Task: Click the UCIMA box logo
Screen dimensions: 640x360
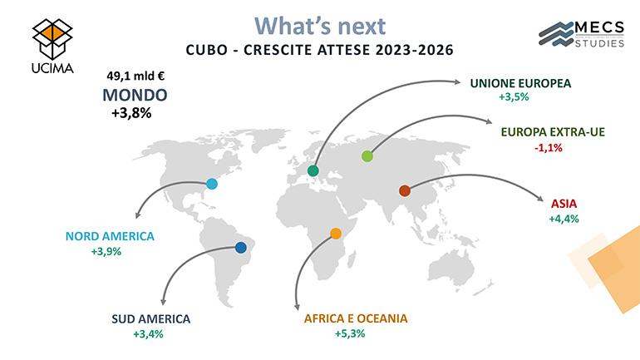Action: [x=52, y=46]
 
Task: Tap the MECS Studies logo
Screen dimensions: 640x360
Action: [x=581, y=34]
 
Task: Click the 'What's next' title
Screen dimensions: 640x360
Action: [x=320, y=26]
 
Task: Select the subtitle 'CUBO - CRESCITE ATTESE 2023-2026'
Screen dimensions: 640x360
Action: [x=320, y=50]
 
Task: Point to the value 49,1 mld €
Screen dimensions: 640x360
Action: [x=135, y=76]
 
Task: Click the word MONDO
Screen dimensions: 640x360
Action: [x=135, y=95]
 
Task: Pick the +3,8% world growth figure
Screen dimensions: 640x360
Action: [x=131, y=113]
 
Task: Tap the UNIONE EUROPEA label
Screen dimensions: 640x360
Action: [x=520, y=83]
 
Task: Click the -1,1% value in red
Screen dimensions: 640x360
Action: [x=549, y=147]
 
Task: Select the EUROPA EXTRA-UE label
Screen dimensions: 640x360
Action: [x=553, y=132]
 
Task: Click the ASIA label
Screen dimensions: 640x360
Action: [x=564, y=204]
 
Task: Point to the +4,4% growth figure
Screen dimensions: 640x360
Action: [x=564, y=219]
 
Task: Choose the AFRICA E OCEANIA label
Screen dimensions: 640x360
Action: [x=356, y=318]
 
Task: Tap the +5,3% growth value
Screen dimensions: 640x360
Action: [x=350, y=333]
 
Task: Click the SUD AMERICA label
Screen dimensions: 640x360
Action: [x=151, y=318]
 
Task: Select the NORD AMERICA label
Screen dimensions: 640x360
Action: [x=110, y=236]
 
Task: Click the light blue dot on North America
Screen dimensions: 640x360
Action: [x=211, y=184]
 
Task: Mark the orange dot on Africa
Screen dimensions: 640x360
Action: [x=336, y=234]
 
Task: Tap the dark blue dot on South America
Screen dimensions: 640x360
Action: [x=241, y=248]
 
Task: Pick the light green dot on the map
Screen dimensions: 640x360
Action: [x=367, y=156]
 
